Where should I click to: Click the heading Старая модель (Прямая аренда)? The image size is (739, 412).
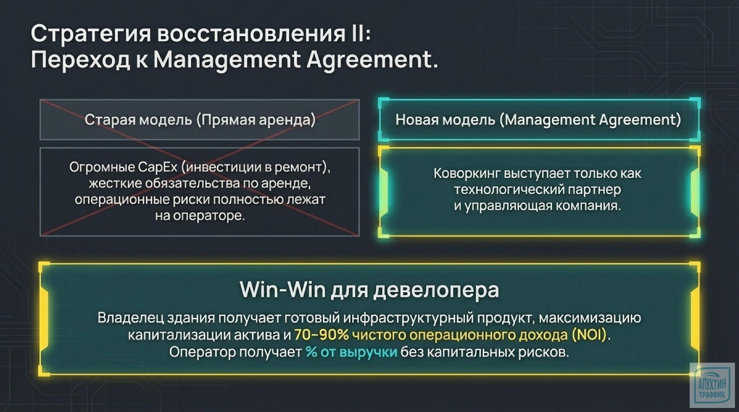(200, 120)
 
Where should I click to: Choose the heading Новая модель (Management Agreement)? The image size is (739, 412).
(538, 120)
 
